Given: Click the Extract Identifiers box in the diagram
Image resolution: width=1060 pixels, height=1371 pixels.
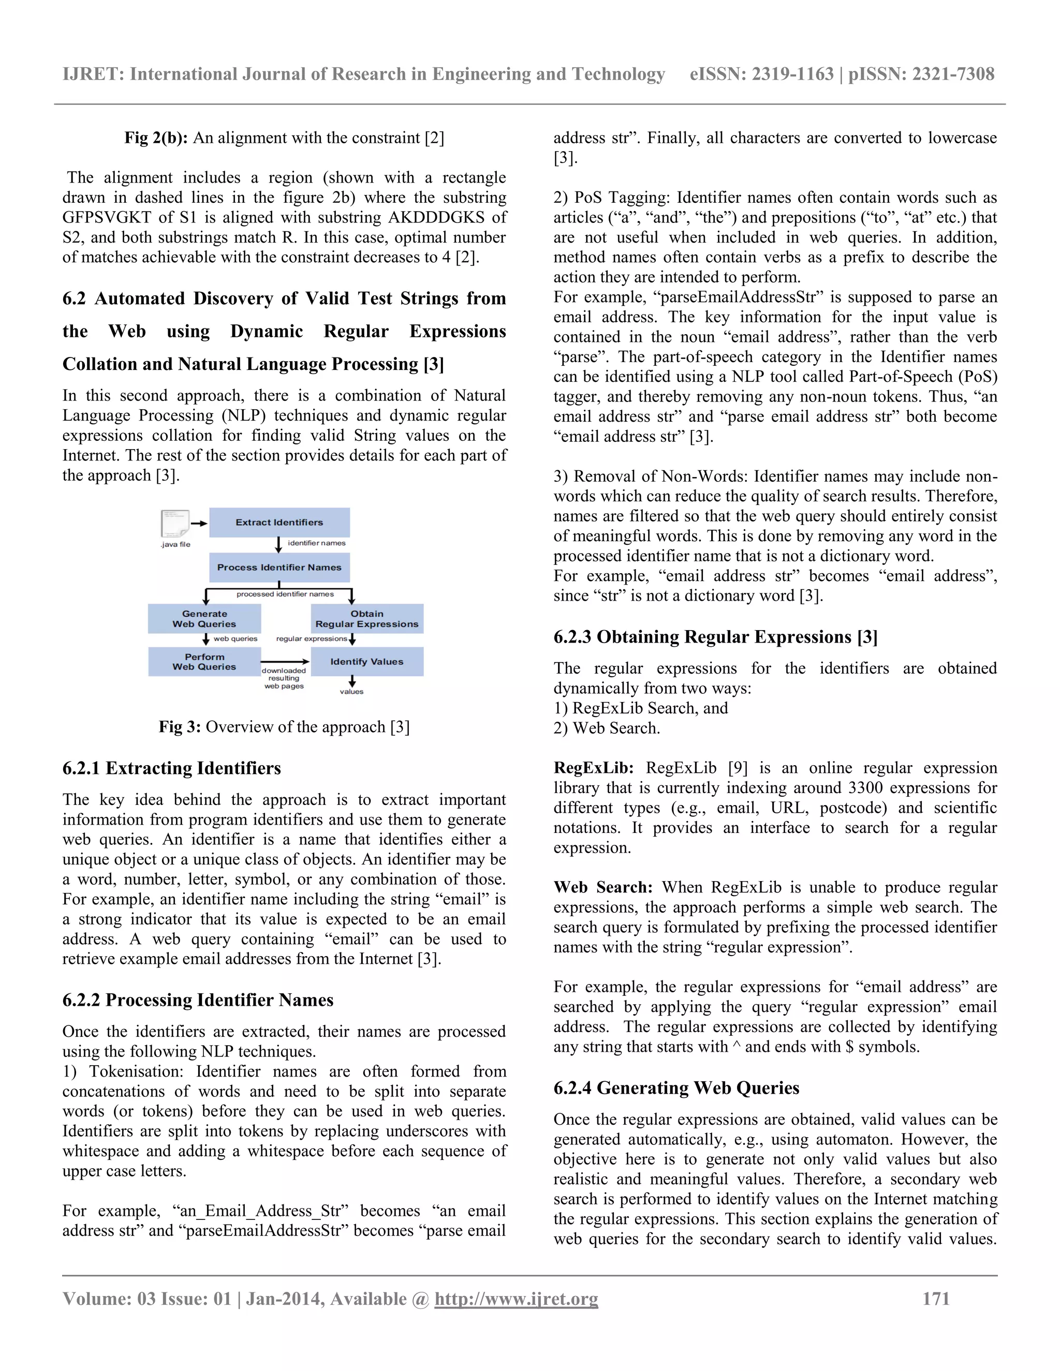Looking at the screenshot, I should [279, 523].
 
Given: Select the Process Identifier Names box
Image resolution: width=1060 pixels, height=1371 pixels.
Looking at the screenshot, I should [279, 568].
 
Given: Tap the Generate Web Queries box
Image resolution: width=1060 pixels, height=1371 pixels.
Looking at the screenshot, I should [205, 619].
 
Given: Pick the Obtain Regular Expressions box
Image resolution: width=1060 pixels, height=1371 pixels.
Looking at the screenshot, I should [367, 619].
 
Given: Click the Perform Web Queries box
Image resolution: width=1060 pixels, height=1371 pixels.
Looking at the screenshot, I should [205, 662].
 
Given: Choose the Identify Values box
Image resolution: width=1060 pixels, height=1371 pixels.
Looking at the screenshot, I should [367, 662].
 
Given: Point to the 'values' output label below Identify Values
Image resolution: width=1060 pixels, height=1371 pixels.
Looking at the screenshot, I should [351, 692].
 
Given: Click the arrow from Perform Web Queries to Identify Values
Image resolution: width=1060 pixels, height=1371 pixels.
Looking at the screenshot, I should [285, 662].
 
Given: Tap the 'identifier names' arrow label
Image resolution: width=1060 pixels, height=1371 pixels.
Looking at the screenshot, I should [316, 543].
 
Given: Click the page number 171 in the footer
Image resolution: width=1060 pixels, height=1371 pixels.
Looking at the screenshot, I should [936, 1299].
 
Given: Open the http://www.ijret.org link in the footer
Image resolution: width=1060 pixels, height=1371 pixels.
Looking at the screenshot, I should [516, 1299].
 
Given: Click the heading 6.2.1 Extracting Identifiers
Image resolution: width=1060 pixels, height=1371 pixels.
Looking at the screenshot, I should [171, 768].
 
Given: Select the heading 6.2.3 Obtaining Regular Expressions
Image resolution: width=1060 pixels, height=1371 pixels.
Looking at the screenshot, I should [715, 637].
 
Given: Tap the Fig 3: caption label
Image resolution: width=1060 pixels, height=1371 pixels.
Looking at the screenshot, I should [180, 727].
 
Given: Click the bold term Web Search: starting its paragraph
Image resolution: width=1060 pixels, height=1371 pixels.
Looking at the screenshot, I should [603, 888].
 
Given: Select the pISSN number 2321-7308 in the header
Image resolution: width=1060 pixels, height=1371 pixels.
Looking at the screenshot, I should [953, 74].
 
